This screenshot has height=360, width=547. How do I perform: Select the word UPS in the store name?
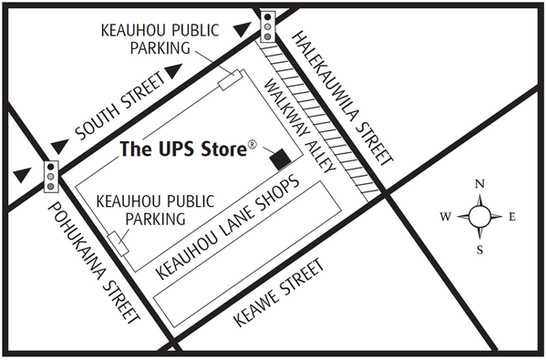pos(174,148)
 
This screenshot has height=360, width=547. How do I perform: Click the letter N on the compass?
pos(480,185)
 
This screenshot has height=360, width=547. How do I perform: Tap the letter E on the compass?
pos(511,216)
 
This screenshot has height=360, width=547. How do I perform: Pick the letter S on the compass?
pos(480,249)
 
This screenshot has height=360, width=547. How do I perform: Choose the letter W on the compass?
pos(446,217)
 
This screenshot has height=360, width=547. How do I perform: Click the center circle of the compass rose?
pos(480,217)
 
